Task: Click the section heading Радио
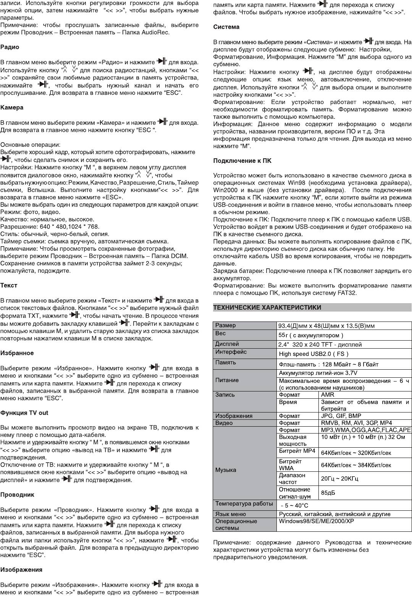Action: coord(10,47)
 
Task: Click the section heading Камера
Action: coord(12,108)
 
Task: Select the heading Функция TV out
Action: coord(24,413)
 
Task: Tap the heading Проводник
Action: coord(17,495)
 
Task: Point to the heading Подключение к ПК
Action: coord(242,161)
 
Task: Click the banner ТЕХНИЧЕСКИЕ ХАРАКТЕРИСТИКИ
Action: coord(267,307)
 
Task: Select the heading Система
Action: coord(226,27)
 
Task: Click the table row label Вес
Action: coord(220,333)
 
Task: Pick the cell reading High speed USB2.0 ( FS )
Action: coord(313,354)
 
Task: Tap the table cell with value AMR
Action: coord(327,395)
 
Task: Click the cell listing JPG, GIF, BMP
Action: coord(341,416)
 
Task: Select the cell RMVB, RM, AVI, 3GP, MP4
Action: coord(357,423)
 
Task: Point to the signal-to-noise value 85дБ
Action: coord(328,493)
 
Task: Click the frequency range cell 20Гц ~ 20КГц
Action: coord(339,479)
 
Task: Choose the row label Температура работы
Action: coord(244,503)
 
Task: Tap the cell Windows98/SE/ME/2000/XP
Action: coord(317,521)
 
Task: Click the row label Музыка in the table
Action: coord(226,470)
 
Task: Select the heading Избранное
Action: coord(17,353)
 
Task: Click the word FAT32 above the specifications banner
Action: coord(346,293)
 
